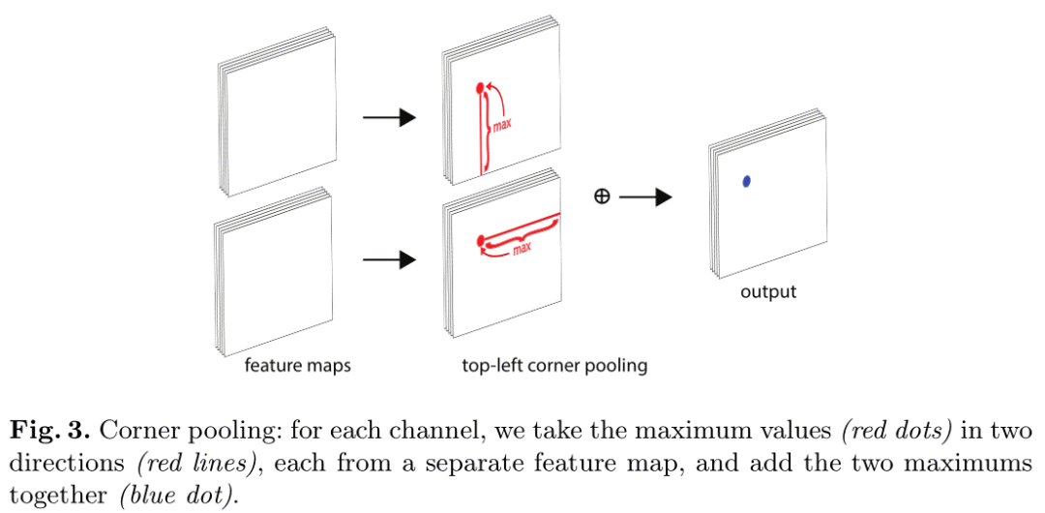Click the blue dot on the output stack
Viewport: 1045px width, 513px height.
click(747, 181)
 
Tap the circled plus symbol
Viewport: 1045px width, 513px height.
click(601, 196)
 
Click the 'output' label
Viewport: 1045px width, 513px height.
click(768, 291)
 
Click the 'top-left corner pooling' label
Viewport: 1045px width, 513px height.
click(554, 366)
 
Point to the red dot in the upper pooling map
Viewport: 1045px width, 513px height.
click(479, 90)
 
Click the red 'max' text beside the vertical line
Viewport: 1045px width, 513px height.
click(502, 125)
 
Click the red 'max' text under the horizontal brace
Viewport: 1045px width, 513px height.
click(522, 249)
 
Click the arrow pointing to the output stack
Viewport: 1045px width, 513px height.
click(645, 197)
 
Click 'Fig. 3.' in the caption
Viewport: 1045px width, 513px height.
click(48, 430)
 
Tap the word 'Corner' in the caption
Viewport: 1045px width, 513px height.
click(133, 430)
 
